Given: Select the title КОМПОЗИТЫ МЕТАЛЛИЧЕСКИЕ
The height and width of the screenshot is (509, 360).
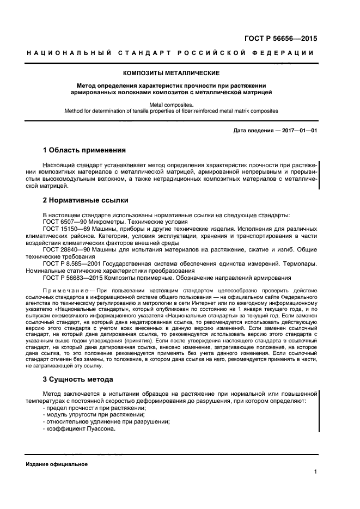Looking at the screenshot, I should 172,72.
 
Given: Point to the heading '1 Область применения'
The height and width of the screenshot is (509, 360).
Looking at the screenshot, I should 84,150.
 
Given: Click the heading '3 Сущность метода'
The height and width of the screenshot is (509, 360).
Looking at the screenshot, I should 78,379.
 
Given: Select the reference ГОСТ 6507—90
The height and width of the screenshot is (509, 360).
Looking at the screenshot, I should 62,222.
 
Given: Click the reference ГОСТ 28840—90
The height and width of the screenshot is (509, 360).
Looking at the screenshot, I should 64,249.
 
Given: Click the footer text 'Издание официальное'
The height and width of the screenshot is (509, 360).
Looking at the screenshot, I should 57,464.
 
